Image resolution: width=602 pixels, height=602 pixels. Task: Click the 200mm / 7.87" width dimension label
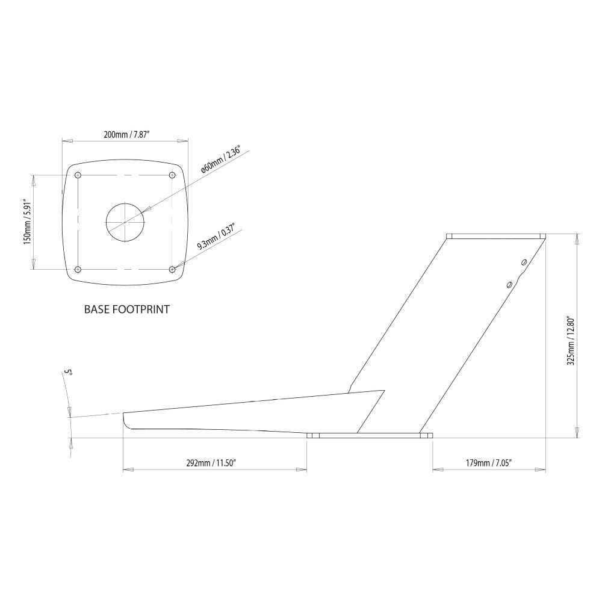(125, 134)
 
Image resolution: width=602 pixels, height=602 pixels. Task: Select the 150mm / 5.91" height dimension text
(26, 222)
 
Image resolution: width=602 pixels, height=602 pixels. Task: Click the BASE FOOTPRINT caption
(126, 310)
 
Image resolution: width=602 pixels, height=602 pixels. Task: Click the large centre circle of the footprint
(126, 222)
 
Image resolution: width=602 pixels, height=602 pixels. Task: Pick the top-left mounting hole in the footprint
(78, 176)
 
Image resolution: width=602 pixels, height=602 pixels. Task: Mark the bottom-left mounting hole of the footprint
(78, 269)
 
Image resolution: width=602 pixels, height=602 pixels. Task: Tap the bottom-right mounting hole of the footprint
(173, 269)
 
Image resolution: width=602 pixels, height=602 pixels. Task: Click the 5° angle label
(69, 374)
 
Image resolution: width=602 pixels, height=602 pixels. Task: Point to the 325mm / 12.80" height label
(571, 341)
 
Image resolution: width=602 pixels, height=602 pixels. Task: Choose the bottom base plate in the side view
(370, 435)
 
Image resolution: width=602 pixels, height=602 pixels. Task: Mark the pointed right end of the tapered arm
(383, 391)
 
